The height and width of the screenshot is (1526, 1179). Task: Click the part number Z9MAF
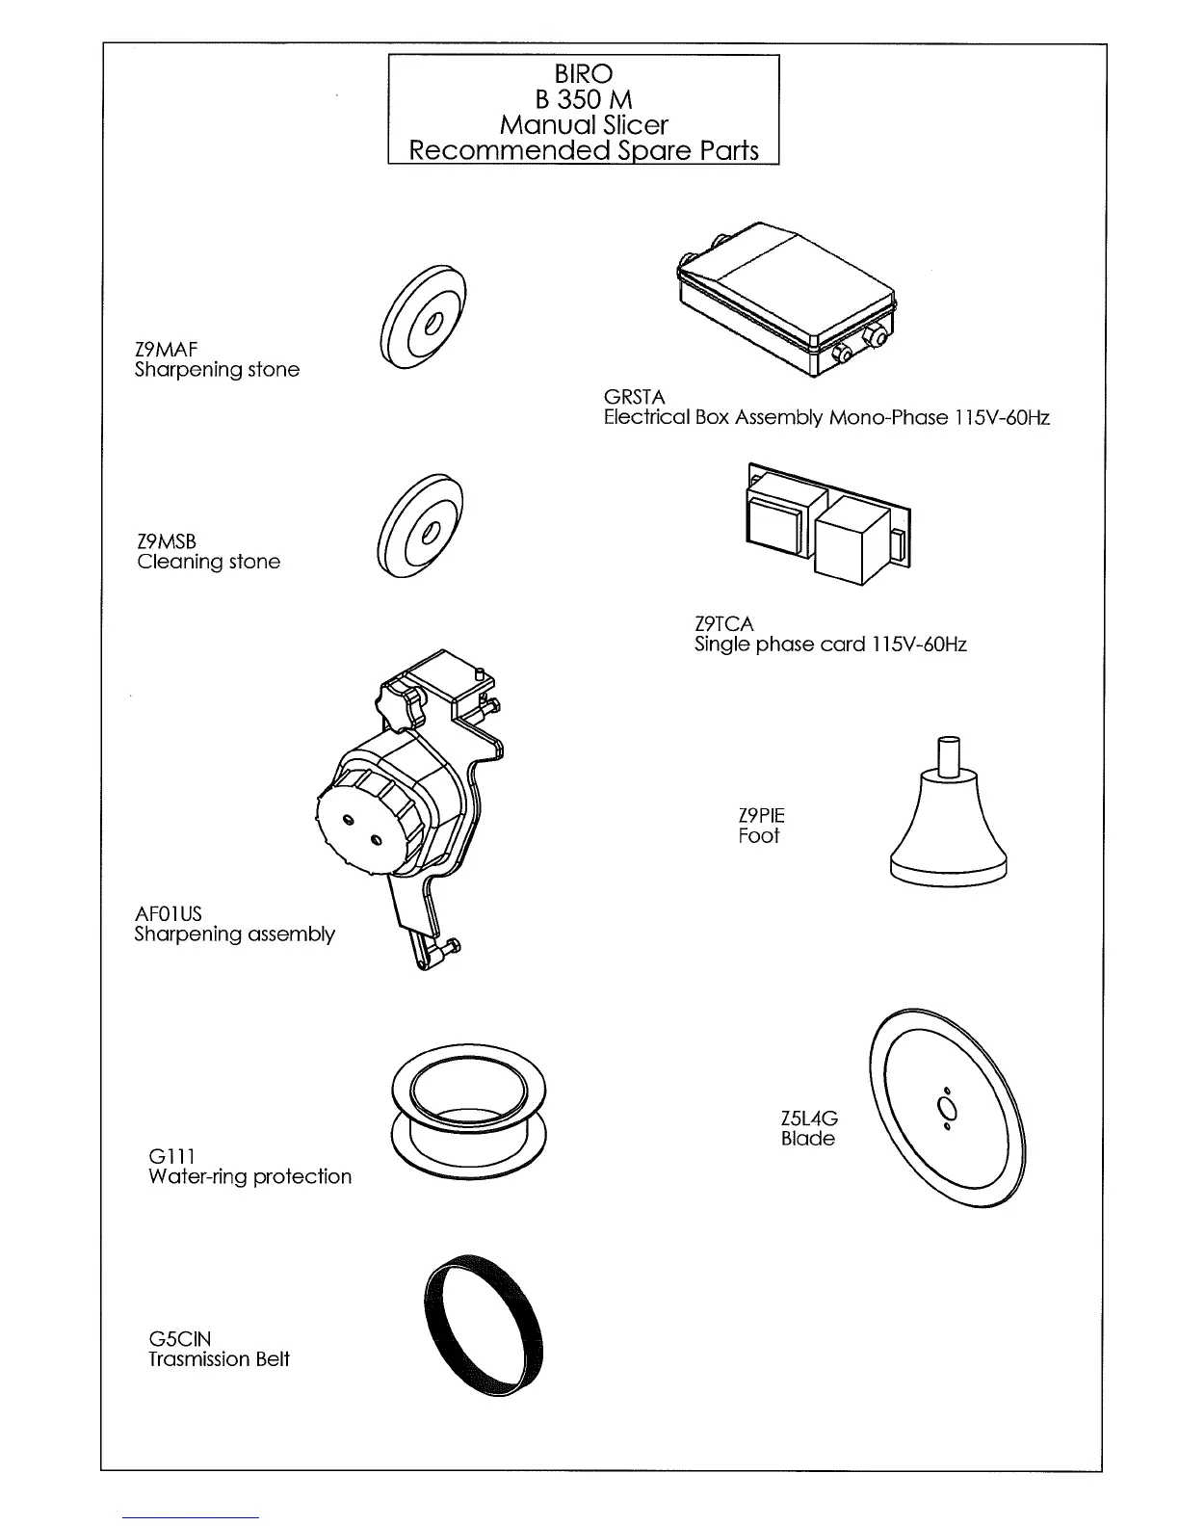pyautogui.click(x=166, y=348)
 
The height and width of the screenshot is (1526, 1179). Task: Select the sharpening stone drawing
pyautogui.click(x=423, y=317)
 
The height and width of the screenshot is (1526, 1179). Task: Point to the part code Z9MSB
pyautogui.click(x=167, y=541)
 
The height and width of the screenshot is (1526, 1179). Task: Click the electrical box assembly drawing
pyautogui.click(x=788, y=295)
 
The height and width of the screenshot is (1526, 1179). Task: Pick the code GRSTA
pyautogui.click(x=634, y=397)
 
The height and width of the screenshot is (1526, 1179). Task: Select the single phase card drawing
pyautogui.click(x=826, y=524)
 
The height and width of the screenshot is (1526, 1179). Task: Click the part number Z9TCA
pyautogui.click(x=723, y=624)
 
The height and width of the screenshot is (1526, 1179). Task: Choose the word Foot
pyautogui.click(x=759, y=836)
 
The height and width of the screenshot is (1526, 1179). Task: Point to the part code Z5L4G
pyautogui.click(x=809, y=1118)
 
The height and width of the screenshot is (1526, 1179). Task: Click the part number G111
pyautogui.click(x=172, y=1156)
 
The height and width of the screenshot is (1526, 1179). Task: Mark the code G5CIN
pyautogui.click(x=179, y=1339)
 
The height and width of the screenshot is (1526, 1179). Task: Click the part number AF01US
pyautogui.click(x=168, y=913)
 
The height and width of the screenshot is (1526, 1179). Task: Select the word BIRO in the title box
pyautogui.click(x=583, y=73)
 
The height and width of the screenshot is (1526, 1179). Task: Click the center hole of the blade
pyautogui.click(x=946, y=1106)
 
